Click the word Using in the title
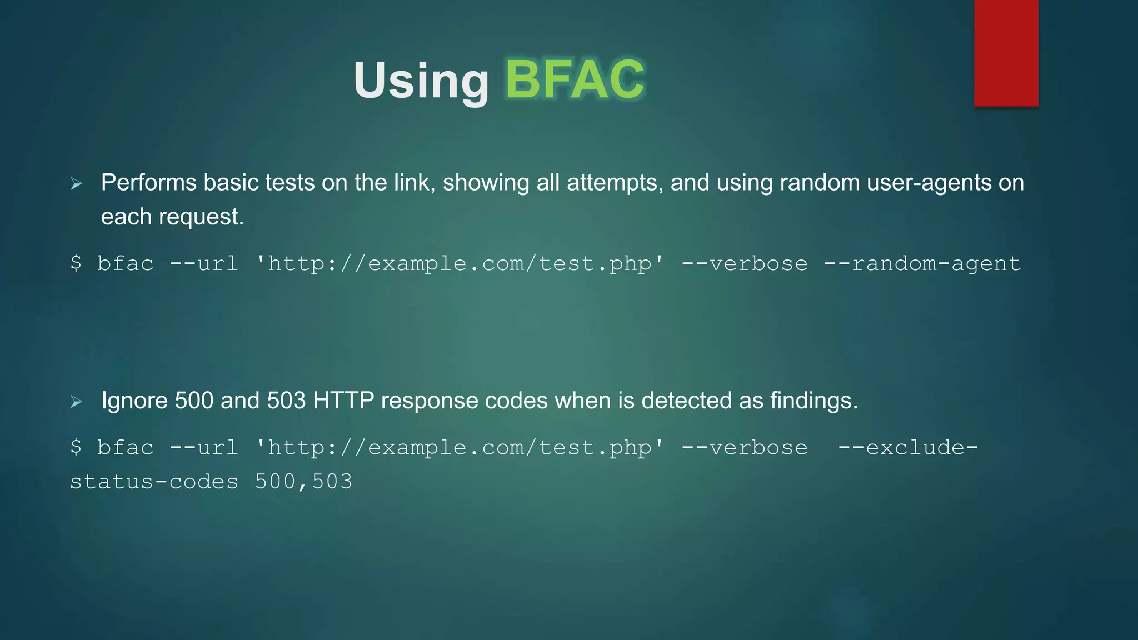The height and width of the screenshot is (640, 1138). tap(421, 81)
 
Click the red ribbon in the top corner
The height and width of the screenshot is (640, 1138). tap(1006, 53)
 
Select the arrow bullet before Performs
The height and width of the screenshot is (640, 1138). tap(77, 184)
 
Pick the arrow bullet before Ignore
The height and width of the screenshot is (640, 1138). tap(77, 402)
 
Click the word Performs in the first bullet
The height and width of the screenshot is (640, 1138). tap(148, 183)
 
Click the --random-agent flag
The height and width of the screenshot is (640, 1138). tap(922, 264)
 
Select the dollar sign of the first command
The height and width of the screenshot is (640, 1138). tap(76, 263)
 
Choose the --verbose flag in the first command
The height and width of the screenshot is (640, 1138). tap(745, 264)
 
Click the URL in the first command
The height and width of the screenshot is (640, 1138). tap(460, 264)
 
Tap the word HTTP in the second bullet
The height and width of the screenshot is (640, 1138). tap(343, 401)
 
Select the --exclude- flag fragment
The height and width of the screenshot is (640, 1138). tap(908, 448)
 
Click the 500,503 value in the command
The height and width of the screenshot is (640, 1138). tap(303, 482)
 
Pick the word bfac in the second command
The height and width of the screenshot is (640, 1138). tap(126, 448)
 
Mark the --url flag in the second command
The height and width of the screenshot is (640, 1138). tap(203, 448)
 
